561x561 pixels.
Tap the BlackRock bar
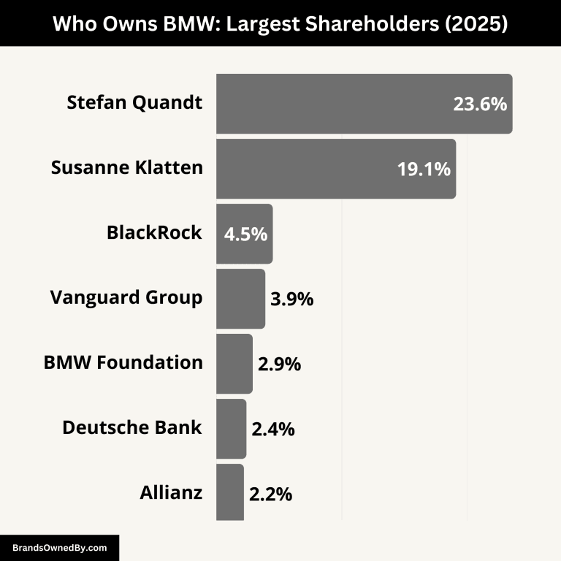click(244, 234)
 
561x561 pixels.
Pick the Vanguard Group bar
click(240, 299)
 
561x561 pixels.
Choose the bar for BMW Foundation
click(234, 364)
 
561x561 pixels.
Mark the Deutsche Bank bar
click(231, 429)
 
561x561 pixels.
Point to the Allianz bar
click(229, 492)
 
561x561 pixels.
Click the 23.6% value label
click(479, 104)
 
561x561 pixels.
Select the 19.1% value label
click(424, 169)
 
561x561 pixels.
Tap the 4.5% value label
click(245, 235)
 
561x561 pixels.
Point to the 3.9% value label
click(291, 299)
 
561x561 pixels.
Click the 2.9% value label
click(279, 365)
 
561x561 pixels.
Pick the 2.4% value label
click(272, 430)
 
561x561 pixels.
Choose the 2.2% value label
click(270, 495)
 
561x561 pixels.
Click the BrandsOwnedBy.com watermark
click(59, 547)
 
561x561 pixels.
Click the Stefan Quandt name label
click(134, 103)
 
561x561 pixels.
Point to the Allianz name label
click(171, 492)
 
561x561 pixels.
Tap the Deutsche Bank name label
click(132, 427)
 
